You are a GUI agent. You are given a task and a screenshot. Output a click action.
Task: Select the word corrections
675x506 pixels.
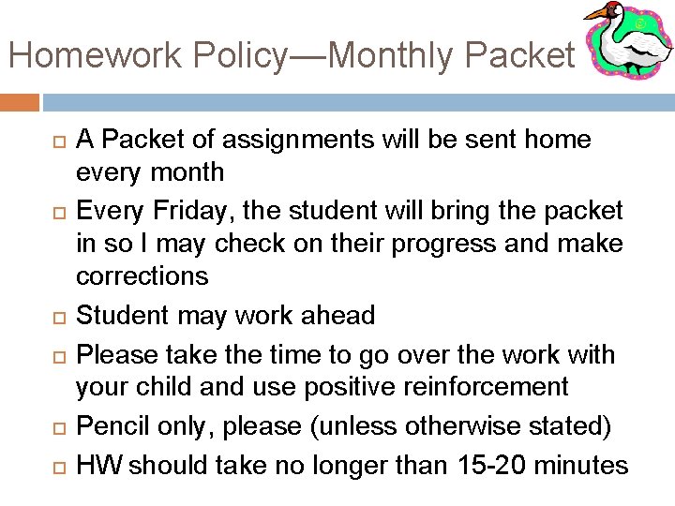coord(142,276)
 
